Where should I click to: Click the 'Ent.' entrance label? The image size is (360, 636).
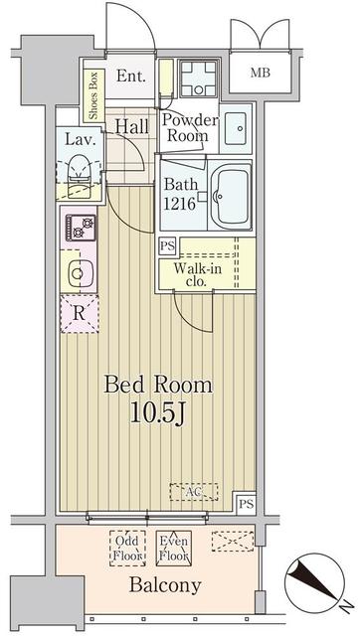[131, 77]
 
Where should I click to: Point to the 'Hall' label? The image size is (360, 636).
[131, 126]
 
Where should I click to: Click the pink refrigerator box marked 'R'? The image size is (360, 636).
[79, 315]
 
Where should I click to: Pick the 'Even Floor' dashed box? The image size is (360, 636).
[174, 548]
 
